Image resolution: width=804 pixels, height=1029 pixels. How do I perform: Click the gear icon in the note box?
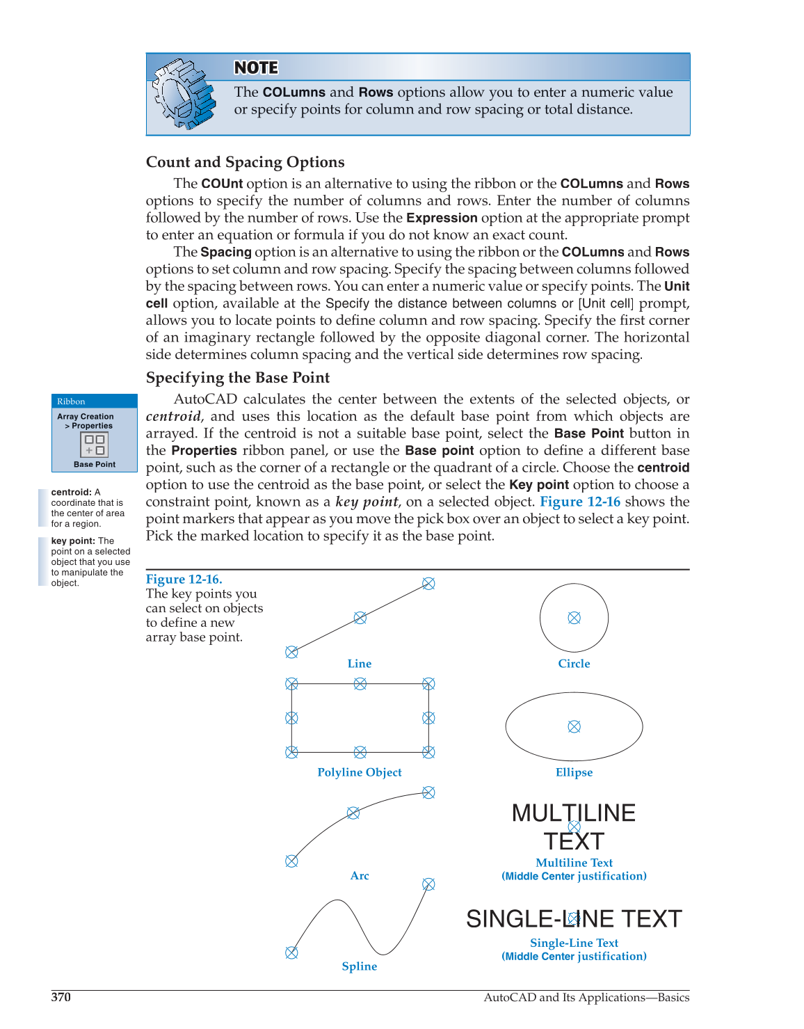tap(184, 94)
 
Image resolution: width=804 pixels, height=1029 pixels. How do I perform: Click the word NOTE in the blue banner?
tap(256, 67)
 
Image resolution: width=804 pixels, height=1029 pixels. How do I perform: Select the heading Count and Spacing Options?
tap(245, 162)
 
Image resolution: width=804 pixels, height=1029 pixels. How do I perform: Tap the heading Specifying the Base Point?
tap(238, 378)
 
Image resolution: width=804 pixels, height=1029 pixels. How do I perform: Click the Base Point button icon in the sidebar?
tap(95, 445)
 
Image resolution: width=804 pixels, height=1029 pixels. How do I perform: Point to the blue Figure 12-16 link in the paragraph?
tap(580, 502)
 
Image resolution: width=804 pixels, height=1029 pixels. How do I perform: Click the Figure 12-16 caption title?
tap(184, 579)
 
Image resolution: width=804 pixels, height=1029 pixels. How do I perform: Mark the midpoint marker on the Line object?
tap(360, 618)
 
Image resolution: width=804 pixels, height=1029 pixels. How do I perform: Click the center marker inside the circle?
tap(574, 618)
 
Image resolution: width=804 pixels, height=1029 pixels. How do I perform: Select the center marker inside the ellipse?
tap(574, 726)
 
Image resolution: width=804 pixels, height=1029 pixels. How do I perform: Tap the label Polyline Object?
tap(360, 772)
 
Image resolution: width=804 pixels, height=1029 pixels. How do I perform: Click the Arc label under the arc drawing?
tap(360, 876)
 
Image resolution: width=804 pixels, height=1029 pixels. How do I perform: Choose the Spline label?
tap(360, 966)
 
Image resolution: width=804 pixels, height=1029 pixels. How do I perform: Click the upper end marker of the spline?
tap(428, 884)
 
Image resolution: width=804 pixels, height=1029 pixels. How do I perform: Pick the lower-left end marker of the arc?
tap(291, 861)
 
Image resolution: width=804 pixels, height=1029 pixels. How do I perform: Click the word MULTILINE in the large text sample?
tap(573, 813)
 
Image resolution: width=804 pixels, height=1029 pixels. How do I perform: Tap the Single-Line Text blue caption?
tap(574, 943)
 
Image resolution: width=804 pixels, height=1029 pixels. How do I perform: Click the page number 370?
tap(61, 997)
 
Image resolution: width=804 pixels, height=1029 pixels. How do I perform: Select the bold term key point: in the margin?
tap(73, 541)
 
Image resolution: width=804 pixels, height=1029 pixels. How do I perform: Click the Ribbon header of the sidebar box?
tap(71, 401)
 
